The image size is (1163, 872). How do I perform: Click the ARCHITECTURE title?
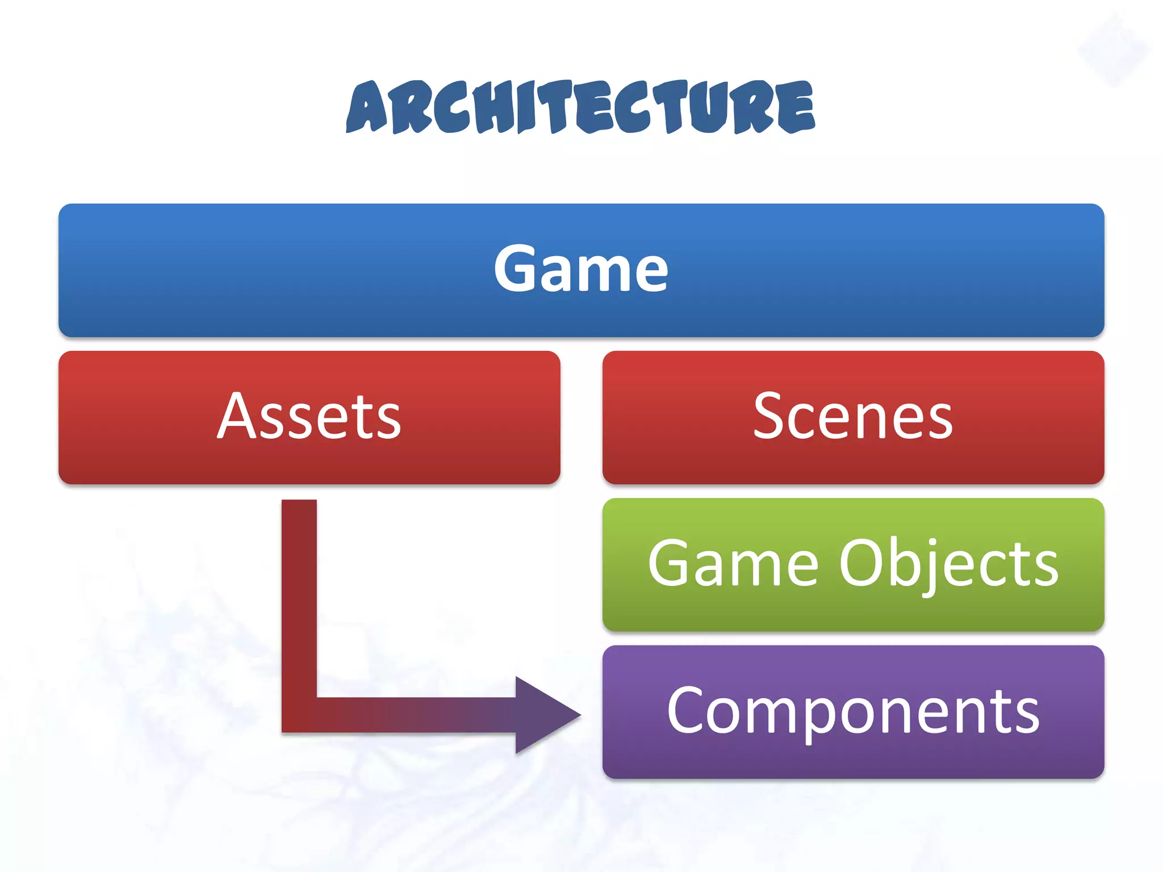(x=580, y=107)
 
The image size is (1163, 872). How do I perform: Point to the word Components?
(x=853, y=711)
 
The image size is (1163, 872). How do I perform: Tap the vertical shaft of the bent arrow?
(x=299, y=596)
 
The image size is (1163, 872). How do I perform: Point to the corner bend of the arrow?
(x=299, y=715)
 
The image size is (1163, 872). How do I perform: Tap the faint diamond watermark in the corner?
(x=1114, y=51)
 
